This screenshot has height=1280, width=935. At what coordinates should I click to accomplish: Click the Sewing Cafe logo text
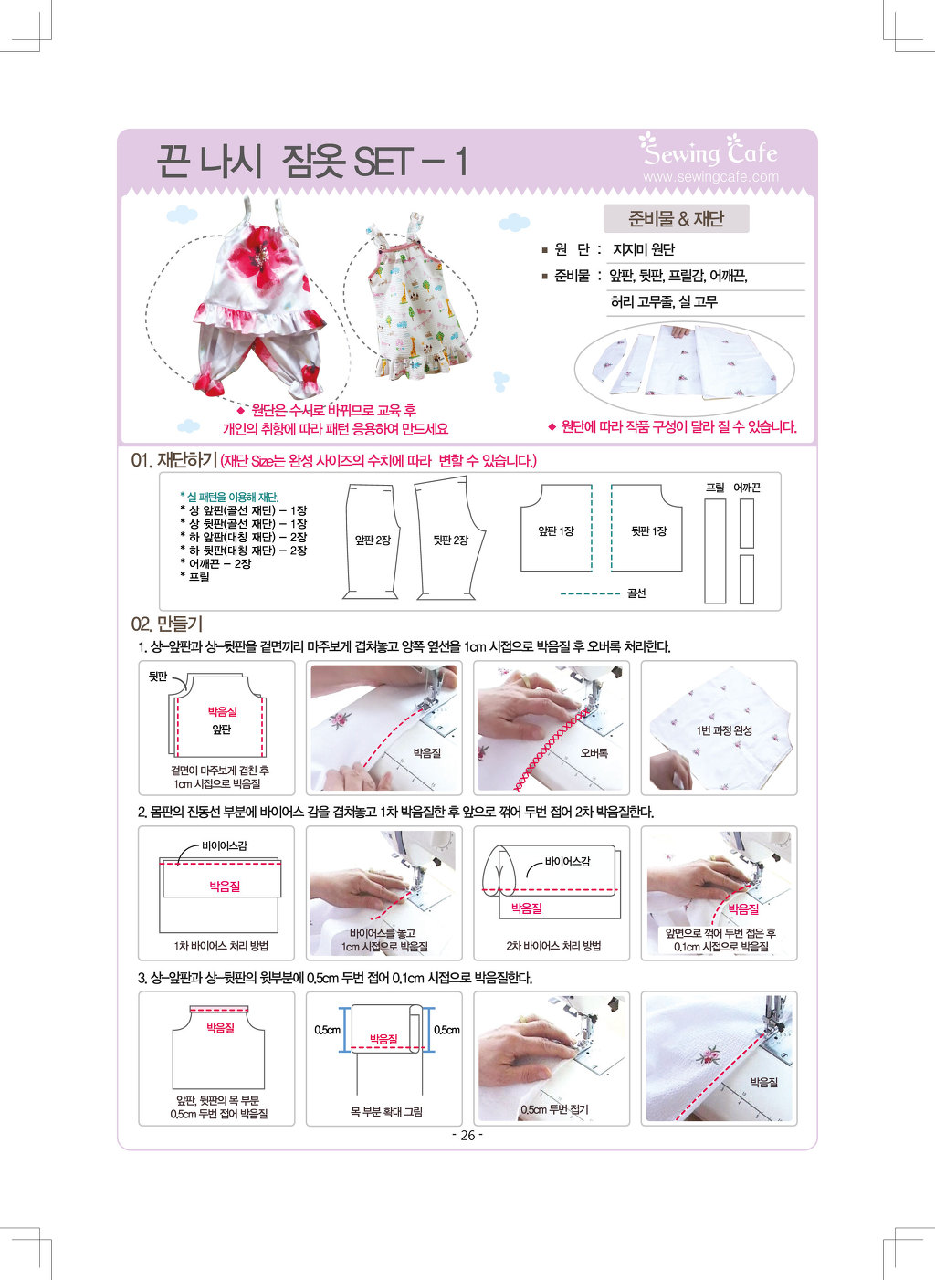pos(709,150)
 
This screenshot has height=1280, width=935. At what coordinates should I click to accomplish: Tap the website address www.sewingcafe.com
pos(710,177)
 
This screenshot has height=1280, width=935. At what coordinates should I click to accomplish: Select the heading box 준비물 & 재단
pos(676,218)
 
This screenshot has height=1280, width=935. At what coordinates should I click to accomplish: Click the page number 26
pos(467,1136)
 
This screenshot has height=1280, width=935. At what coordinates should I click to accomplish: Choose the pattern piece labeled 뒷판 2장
pos(450,539)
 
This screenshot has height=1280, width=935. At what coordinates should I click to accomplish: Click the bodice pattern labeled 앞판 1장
pos(555,528)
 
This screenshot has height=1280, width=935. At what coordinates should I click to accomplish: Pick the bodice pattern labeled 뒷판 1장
pos(647,528)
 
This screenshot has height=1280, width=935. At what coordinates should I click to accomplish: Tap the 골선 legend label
pos(636,593)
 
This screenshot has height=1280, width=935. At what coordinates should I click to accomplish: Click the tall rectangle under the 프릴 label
pos(715,551)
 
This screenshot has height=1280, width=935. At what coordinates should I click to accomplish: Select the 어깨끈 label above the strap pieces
pos(746,488)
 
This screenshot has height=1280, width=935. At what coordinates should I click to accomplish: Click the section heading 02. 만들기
pos(167,624)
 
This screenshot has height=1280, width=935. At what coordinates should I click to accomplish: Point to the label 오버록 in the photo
pos(594,753)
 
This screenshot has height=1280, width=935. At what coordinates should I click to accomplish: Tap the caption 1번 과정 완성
pos(724,730)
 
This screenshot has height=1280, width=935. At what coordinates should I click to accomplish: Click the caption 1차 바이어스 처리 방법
pos(221,946)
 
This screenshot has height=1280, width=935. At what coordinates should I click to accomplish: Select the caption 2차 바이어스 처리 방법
pos(553,946)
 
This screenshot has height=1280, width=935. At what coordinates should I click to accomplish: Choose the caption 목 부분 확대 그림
pos(386,1111)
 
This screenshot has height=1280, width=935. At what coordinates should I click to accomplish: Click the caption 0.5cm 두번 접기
pos(554,1109)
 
